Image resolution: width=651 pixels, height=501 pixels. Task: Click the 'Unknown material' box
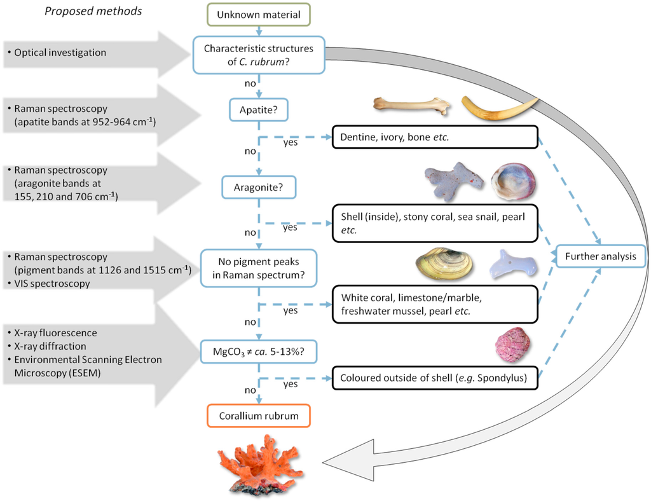pos(259,15)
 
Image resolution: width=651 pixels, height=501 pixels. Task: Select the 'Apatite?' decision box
pos(259,110)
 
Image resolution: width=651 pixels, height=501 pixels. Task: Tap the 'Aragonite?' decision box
pos(259,187)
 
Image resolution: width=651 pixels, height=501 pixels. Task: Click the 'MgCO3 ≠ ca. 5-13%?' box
pos(259,352)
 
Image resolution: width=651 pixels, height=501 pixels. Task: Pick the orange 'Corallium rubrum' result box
pos(259,416)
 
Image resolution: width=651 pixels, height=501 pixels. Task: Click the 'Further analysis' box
pos(601,256)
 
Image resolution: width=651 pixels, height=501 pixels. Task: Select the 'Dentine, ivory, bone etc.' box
pos(435,137)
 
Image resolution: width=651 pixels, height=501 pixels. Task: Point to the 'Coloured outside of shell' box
pos(435,378)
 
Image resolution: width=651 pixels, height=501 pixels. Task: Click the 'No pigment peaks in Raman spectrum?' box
pos(259,268)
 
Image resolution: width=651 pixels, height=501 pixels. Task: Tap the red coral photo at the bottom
pos(261,465)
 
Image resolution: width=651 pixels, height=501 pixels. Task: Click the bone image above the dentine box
pos(411,105)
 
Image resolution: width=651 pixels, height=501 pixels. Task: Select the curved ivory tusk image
pos(500,109)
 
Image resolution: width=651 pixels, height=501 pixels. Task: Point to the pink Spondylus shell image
pos(512,345)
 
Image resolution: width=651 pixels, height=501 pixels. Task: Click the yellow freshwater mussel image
pos(444,263)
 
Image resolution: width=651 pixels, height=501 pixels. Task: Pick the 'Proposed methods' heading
pos(93,11)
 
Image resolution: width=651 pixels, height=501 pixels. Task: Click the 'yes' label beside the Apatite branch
pos(291,142)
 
